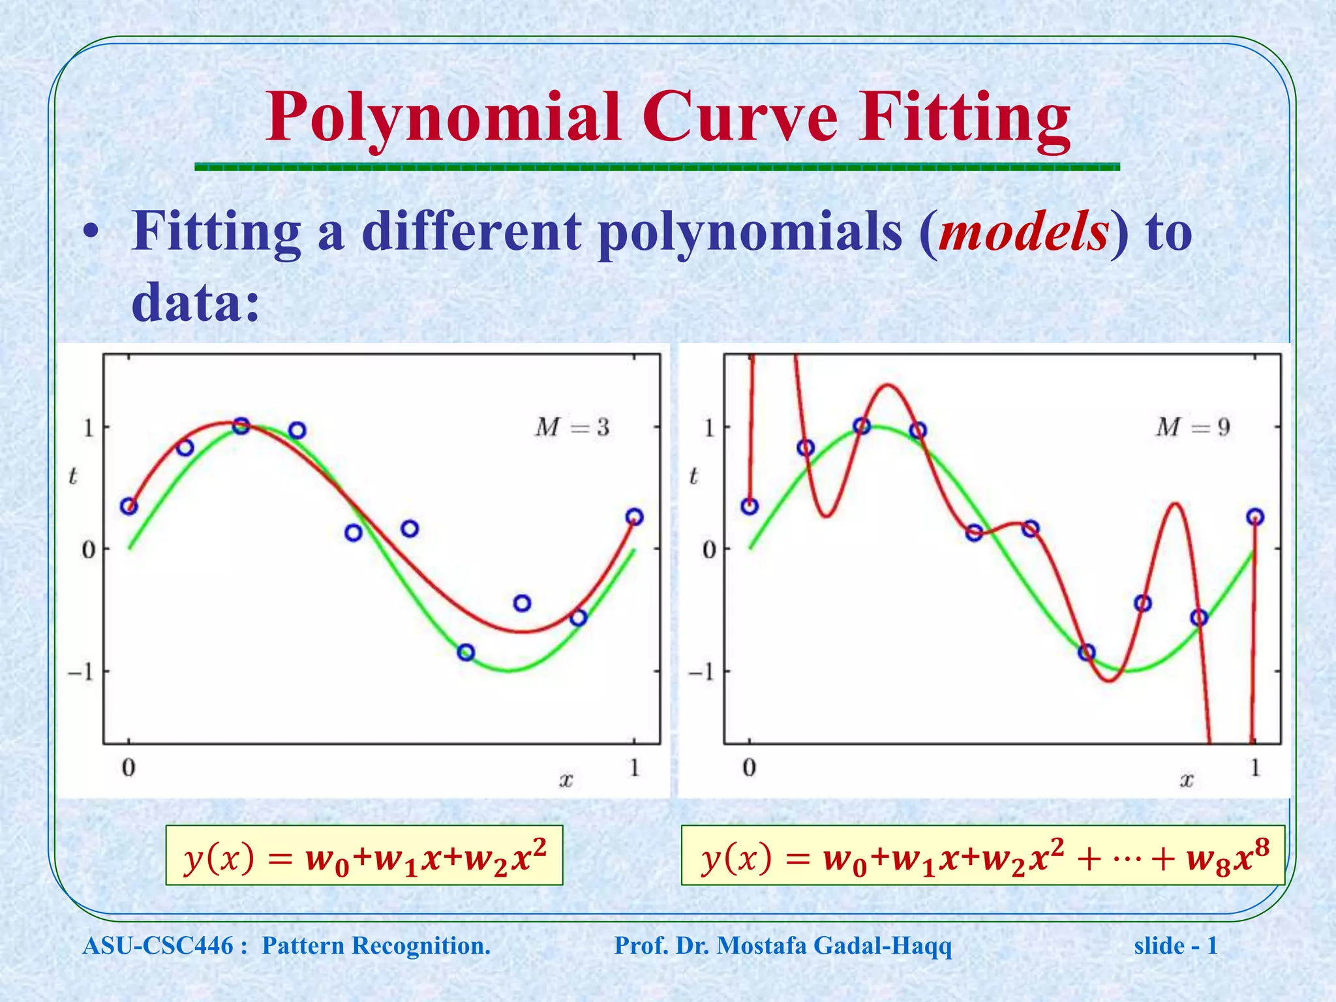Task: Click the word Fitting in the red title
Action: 964,117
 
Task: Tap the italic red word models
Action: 1023,232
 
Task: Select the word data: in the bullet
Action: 196,302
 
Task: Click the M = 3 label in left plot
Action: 572,427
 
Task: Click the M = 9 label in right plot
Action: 1192,427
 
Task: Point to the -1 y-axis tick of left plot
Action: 82,672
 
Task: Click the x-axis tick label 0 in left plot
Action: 129,768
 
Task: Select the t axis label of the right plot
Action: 693,476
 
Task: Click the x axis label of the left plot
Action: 566,779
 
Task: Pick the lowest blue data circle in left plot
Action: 466,652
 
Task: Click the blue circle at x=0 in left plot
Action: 129,506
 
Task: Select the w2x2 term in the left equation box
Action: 505,858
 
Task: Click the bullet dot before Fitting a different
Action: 93,235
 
